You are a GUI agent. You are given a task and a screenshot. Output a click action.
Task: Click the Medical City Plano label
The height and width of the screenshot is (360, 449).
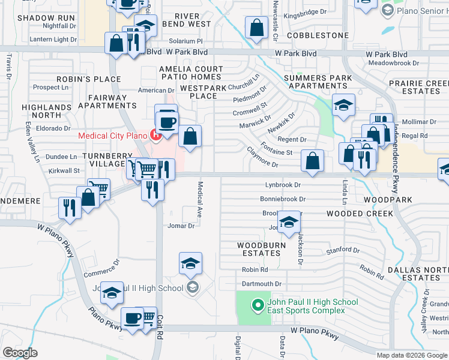tap(113, 135)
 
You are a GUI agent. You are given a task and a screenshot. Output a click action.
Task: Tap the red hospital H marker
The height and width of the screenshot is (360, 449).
tap(157, 135)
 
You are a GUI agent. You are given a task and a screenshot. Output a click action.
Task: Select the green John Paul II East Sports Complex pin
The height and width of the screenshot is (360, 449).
tap(258, 305)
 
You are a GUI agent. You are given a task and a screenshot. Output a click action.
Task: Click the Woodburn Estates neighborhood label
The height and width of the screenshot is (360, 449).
tap(259, 249)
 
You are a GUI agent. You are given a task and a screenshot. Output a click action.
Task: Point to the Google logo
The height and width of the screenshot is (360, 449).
tap(20, 352)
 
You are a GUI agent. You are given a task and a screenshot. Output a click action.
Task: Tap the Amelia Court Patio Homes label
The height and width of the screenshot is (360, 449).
tap(191, 73)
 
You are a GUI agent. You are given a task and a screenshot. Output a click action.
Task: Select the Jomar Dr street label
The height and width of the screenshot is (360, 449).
tap(182, 226)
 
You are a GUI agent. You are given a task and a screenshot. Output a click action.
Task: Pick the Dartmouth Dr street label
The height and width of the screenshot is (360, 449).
tap(261, 284)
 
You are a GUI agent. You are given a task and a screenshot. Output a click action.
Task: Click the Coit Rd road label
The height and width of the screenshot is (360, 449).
tap(160, 333)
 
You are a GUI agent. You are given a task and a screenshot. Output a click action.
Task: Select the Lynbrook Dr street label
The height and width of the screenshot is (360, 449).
tap(283, 185)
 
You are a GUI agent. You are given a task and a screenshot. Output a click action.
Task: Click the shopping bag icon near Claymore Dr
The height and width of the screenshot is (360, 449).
tap(313, 161)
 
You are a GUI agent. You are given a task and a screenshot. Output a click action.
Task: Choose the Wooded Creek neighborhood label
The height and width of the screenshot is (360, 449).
tap(360, 214)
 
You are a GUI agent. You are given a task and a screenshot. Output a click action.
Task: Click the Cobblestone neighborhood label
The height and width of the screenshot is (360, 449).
tap(318, 35)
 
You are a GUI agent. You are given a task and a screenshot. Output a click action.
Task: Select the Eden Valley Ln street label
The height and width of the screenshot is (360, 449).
tap(29, 143)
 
